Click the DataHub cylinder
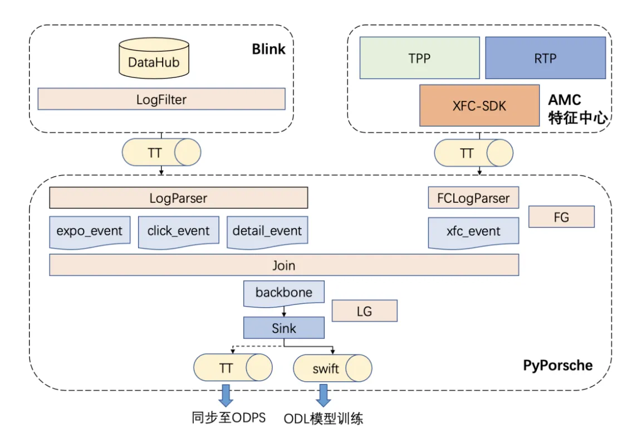pos(154,60)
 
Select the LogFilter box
pos(161,99)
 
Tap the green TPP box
pos(419,57)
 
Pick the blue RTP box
pos(545,57)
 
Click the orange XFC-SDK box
pos(479,105)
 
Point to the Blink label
pos(268,49)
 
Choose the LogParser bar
pos(178,198)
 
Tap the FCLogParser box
pos(473,198)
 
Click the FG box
pos(561,217)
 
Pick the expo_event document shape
pos(89,231)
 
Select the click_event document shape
pos(178,231)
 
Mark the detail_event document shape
pos(267,231)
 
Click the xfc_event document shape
pos(473,231)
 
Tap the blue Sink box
pos(284,328)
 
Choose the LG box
pos(364,311)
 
